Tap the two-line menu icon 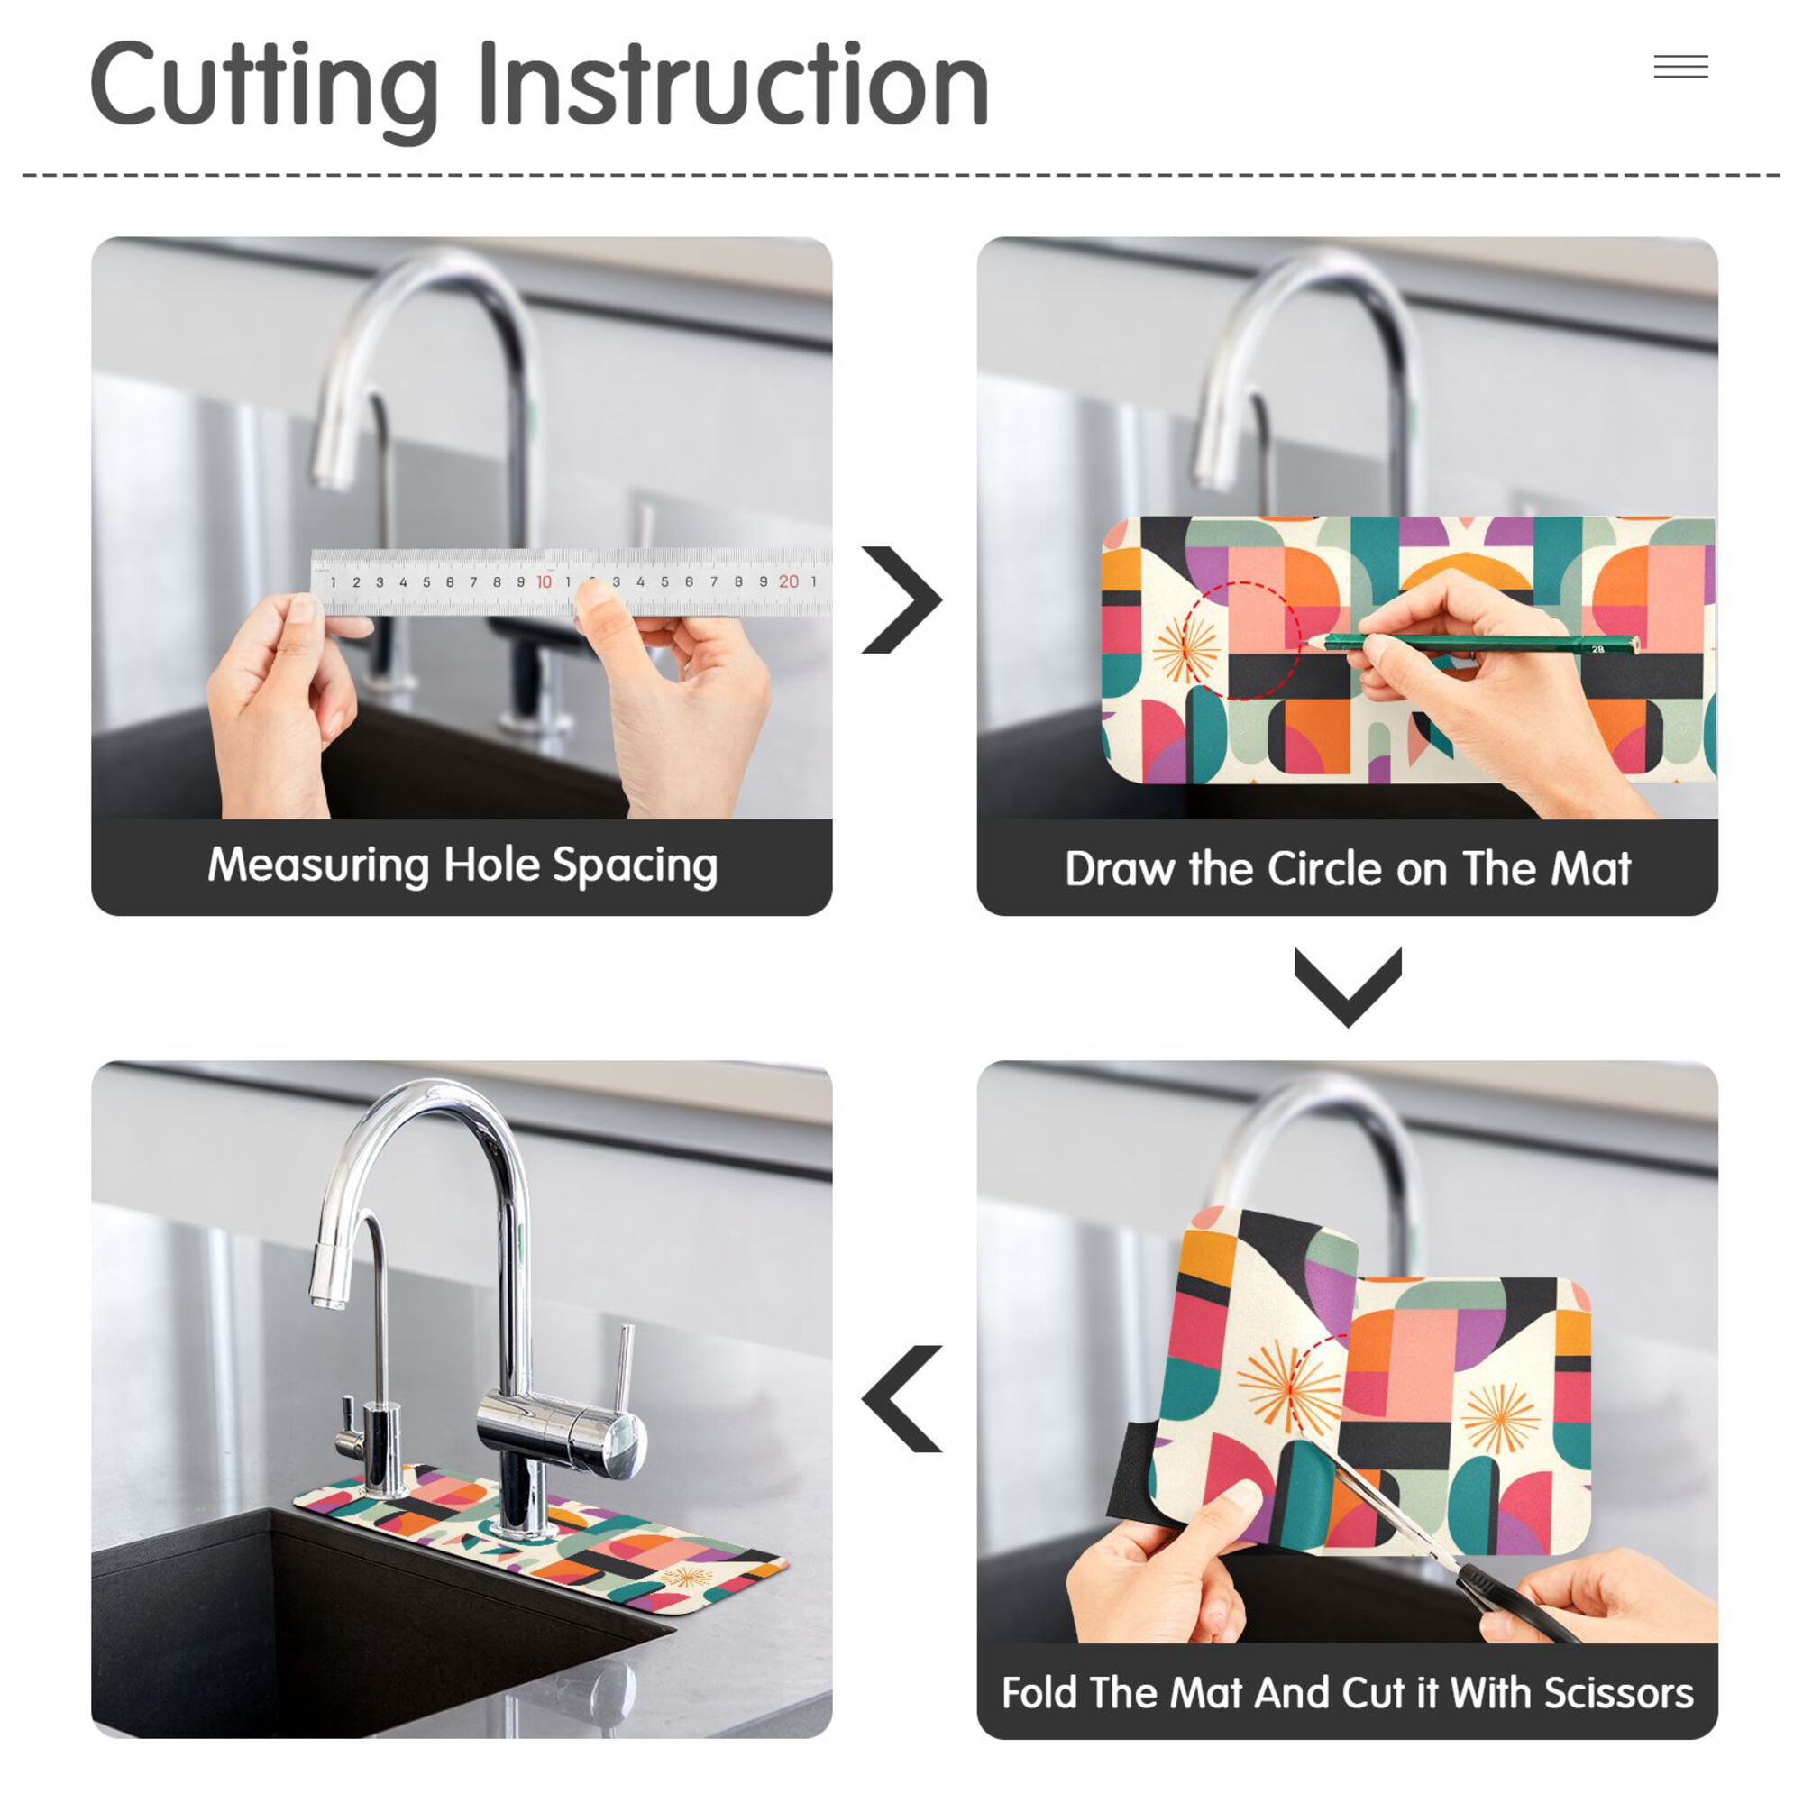coord(1680,66)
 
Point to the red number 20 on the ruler coord(789,581)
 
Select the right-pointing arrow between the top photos coord(901,599)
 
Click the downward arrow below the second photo coord(1348,987)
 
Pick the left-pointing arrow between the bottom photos coord(901,1399)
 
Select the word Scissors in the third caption coord(1618,1693)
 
